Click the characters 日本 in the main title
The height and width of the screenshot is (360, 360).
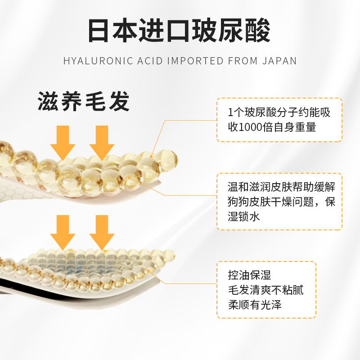(x=112, y=30)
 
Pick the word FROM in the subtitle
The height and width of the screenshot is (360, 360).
(x=243, y=61)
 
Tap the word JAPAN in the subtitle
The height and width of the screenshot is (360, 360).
(x=280, y=61)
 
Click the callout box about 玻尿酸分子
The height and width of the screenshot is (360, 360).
(x=279, y=120)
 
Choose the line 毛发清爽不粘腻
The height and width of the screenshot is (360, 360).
(x=265, y=290)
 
